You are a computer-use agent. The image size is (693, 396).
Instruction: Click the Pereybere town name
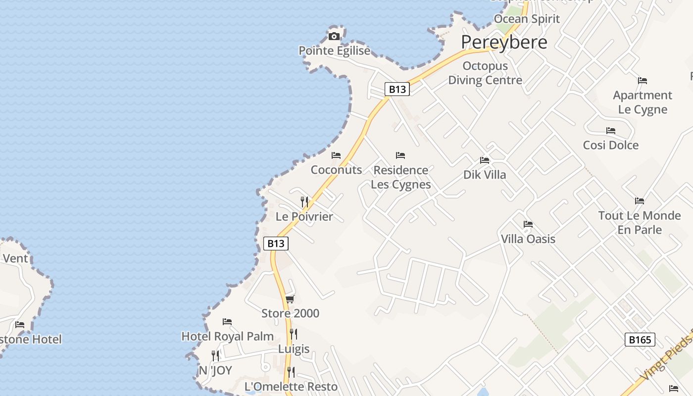pos(504,42)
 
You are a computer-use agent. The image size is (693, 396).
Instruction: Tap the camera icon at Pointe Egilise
pos(334,36)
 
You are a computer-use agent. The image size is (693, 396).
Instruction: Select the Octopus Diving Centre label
pos(485,73)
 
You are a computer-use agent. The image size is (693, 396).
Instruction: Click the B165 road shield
pos(640,340)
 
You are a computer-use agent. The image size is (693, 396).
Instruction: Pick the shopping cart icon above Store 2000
pos(290,299)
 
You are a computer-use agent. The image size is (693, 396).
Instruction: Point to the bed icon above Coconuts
pos(336,155)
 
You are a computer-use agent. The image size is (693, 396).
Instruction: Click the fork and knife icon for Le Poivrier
pos(304,202)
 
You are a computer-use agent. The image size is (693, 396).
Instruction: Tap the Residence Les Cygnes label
pos(401,177)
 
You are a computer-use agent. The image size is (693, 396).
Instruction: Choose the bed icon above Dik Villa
pos(485,160)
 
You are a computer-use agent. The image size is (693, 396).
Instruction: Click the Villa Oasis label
pos(528,239)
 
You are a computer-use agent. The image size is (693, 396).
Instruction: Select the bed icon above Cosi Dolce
pos(611,131)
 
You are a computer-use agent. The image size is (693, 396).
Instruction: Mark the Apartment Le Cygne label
pos(643,102)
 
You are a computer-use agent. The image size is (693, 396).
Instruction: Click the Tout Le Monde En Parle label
pos(640,223)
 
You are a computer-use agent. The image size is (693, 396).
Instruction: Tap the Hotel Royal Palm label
pos(228,337)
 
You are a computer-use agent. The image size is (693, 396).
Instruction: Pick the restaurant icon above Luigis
pos(294,334)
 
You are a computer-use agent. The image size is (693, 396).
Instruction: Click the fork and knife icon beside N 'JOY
pos(215,356)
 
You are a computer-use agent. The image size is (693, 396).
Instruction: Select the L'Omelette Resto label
pos(291,387)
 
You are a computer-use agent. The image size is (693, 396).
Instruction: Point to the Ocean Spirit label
pos(527,19)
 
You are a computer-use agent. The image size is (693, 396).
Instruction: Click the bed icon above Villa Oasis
pos(528,224)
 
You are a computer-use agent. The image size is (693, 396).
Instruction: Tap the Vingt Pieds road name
pos(666,359)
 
